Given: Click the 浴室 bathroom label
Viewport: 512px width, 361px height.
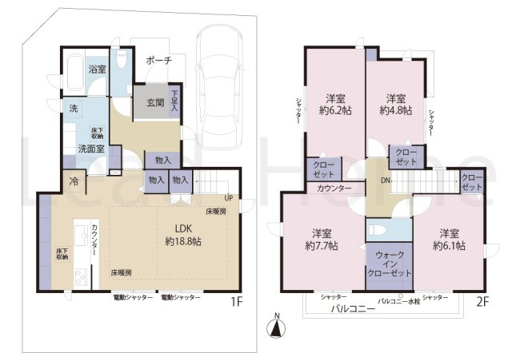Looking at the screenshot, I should point(96,70).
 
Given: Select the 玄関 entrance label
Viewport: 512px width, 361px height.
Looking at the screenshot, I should point(156,102).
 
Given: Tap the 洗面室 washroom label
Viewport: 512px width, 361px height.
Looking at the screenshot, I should point(89,149).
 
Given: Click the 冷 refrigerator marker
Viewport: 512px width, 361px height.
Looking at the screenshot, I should point(74,180).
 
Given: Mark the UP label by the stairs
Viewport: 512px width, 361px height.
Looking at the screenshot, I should point(230,197).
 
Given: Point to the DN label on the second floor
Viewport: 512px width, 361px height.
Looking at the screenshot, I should point(386,180).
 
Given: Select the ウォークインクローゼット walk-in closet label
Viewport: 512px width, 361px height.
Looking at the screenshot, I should point(390,264).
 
